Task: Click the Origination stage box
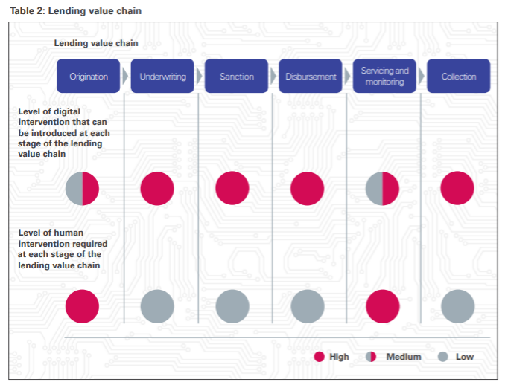89,76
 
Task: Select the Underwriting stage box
162,76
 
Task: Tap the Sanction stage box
236,76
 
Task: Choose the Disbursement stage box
311,76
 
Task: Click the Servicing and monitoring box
384,76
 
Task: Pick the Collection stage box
458,76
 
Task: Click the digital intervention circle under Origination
83,188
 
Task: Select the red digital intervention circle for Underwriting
157,188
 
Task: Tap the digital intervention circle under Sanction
232,188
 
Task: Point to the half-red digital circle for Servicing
382,188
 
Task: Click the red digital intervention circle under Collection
457,188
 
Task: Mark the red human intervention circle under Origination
83,306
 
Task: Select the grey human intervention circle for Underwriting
157,306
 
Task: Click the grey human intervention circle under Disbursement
308,306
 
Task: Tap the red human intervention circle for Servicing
382,306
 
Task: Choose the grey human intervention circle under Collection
457,306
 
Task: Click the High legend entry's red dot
319,357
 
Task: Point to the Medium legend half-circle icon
370,357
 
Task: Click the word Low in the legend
464,357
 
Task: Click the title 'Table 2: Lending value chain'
75,10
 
